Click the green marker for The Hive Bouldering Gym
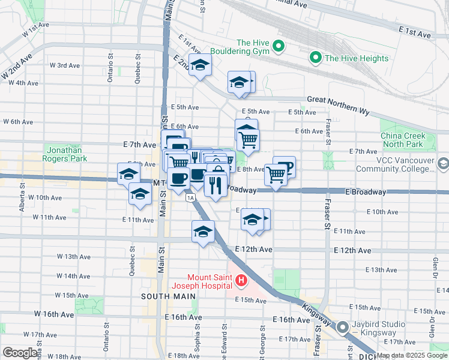tap(279, 46)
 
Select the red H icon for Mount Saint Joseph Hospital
tap(241, 280)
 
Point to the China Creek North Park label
tap(402, 140)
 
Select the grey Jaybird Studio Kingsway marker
tap(343, 328)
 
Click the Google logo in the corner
tap(20, 353)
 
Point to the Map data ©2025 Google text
tap(412, 356)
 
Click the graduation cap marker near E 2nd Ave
tap(200, 65)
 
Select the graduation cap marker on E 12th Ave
tap(203, 231)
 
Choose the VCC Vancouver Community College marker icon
tap(443, 164)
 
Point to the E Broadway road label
tap(365, 191)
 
